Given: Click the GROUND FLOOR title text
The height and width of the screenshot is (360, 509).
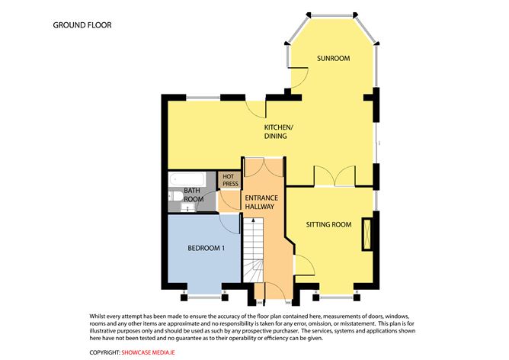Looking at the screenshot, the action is point(82,25).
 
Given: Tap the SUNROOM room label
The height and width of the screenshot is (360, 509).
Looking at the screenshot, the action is point(334,59).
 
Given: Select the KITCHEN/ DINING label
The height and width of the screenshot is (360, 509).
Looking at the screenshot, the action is point(279,132).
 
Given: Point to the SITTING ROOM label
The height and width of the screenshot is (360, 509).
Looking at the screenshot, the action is point(328,224).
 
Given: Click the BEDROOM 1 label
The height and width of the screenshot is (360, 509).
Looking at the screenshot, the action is point(206,248).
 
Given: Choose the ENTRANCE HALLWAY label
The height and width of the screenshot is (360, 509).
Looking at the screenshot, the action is point(261,202).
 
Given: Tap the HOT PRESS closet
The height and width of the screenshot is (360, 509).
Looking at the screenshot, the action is point(230,180).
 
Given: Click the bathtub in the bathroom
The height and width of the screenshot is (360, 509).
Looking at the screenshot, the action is point(187,179).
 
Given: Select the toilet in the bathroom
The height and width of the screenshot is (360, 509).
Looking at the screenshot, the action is point(175,196).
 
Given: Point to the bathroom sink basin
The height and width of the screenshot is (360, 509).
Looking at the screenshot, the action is point(187,207).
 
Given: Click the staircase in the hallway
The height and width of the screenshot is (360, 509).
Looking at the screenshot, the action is point(253,250).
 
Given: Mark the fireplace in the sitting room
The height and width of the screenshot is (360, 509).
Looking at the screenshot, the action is point(367,234).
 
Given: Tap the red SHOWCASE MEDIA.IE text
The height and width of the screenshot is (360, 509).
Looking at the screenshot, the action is point(148,352).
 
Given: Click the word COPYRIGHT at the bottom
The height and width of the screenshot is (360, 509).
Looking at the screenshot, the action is point(104,352).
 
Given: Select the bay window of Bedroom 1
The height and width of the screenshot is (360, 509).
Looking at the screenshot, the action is point(204,297).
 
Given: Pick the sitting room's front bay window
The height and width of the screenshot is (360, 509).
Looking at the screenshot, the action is point(336,297).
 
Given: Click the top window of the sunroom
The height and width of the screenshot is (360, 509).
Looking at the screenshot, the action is point(332,14).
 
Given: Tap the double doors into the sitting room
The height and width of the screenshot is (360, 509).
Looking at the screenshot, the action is point(335,176).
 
